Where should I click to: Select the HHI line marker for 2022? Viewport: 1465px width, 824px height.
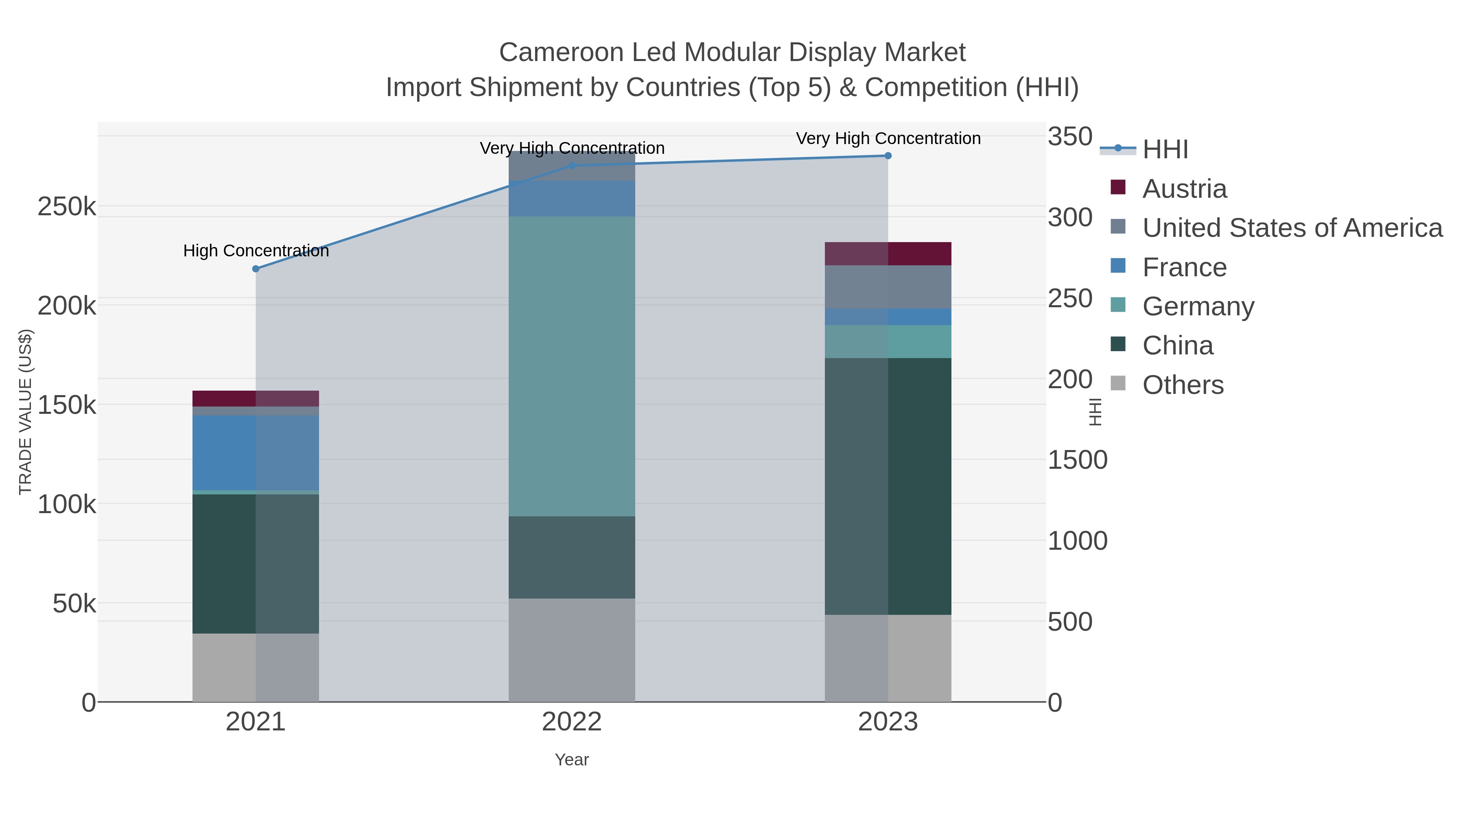click(x=572, y=166)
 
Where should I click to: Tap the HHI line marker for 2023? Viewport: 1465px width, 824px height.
click(x=888, y=156)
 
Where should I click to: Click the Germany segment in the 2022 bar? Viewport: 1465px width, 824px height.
click(x=572, y=366)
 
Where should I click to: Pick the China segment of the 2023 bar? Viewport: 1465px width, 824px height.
click(x=888, y=486)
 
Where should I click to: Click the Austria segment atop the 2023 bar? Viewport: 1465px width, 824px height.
click(x=888, y=254)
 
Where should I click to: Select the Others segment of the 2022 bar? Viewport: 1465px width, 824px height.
click(x=572, y=650)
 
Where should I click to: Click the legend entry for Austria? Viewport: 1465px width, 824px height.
click(x=1184, y=189)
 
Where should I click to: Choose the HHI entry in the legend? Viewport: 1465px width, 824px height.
click(x=1165, y=150)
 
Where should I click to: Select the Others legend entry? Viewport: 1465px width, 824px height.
click(x=1182, y=385)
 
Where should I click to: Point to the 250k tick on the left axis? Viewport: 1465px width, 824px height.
click(x=67, y=207)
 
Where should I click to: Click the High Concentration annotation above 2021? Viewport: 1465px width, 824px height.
click(x=256, y=251)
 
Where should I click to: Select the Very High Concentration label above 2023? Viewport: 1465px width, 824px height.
click(x=888, y=139)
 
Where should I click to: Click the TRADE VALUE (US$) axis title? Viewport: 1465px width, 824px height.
click(x=26, y=412)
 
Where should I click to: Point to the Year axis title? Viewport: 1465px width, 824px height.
click(x=572, y=760)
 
